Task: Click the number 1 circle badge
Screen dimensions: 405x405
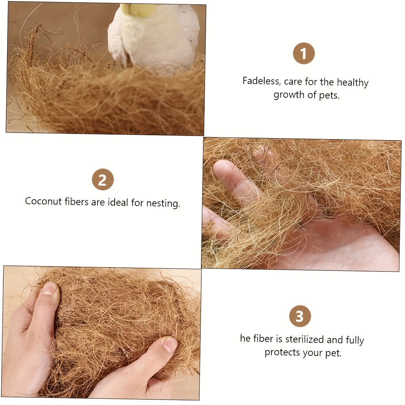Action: coord(304,54)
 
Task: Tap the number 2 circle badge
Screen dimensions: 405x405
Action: coord(102,180)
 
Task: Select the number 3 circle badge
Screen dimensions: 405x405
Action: coord(300,316)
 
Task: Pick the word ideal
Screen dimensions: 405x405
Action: coord(118,202)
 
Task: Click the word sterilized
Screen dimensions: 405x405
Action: coord(304,339)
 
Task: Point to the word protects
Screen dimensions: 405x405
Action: coord(282,352)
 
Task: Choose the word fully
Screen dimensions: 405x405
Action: coord(355,340)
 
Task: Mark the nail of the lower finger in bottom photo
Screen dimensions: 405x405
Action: coord(170,344)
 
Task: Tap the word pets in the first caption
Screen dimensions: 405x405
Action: coord(329,96)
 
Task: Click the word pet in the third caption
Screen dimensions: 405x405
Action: coord(333,353)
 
